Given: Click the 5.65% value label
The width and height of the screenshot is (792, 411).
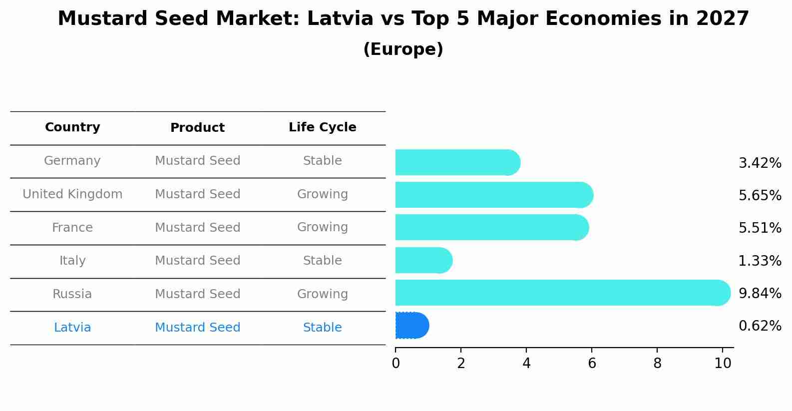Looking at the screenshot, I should coord(760,195).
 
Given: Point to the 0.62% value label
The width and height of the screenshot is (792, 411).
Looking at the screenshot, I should coord(760,326).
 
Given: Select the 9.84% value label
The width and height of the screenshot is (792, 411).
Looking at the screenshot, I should coord(760,293).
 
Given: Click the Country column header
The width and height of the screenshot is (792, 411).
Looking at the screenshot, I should coord(72,127).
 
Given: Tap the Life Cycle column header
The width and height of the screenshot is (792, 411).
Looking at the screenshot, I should coord(322,127).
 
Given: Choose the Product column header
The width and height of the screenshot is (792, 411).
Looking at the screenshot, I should coord(197,128).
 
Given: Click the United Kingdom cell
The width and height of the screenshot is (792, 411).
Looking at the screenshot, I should coord(72,194).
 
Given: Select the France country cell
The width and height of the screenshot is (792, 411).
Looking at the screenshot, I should coord(72,228).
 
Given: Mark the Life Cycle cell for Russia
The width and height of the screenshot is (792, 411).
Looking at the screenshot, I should coord(322,294).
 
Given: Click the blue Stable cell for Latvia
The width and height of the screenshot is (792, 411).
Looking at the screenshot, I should coord(322,328).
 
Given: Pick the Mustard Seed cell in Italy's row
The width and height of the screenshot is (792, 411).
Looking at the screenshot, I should coord(197,261).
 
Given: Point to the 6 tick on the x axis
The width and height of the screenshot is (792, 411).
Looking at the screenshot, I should coord(592,363).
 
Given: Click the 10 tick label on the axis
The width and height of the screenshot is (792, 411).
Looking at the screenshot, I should coord(723,363).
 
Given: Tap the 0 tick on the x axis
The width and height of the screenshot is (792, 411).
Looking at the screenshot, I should coord(396,363).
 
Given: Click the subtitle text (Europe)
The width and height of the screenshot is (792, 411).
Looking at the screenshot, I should coord(403,49).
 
